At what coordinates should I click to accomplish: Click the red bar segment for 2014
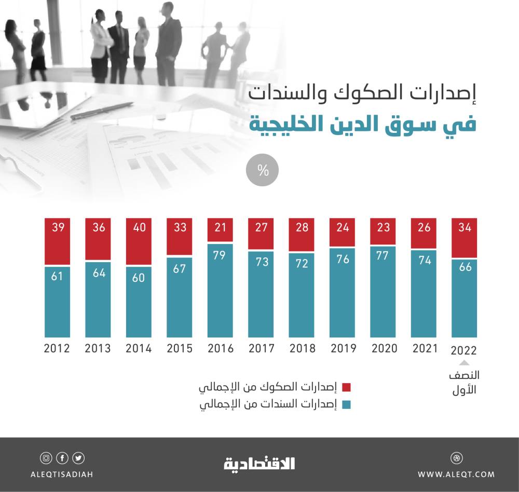(x=139, y=241)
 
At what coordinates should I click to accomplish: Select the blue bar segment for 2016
(x=220, y=291)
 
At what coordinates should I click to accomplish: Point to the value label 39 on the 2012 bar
(x=57, y=227)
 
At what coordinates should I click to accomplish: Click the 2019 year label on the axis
(x=343, y=348)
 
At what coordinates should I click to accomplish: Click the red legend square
(x=347, y=387)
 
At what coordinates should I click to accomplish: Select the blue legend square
(x=347, y=405)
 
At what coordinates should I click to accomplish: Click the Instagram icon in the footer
(x=46, y=458)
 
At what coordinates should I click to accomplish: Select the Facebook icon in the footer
(x=62, y=458)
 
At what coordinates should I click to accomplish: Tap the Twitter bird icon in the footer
(x=78, y=458)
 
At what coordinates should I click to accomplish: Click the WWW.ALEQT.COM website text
(x=456, y=474)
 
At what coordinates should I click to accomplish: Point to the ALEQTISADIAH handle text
(x=62, y=474)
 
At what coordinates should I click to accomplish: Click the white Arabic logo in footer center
(x=259, y=463)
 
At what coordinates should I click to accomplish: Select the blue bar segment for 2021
(x=425, y=293)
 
